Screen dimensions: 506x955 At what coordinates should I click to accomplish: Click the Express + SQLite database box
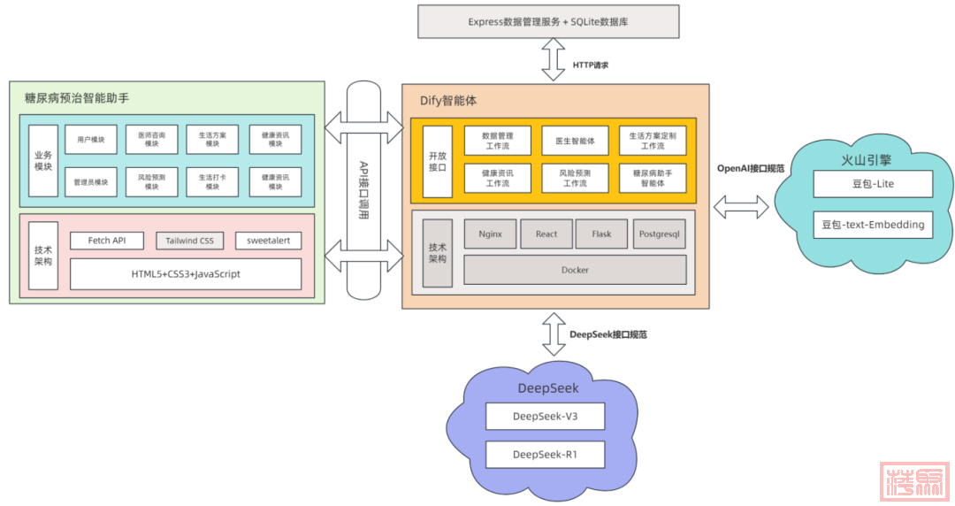pyautogui.click(x=548, y=21)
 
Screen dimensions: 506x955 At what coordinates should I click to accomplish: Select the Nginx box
pyautogui.click(x=490, y=234)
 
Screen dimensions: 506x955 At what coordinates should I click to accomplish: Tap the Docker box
pyautogui.click(x=575, y=270)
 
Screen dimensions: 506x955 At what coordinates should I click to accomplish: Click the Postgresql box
pyautogui.click(x=659, y=234)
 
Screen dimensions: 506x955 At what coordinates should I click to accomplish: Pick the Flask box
pyautogui.click(x=601, y=234)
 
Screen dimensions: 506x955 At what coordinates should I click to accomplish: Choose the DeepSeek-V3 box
pyautogui.click(x=545, y=416)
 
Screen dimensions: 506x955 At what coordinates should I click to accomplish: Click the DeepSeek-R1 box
pyautogui.click(x=545, y=455)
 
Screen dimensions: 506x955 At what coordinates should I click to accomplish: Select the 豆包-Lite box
pyautogui.click(x=873, y=184)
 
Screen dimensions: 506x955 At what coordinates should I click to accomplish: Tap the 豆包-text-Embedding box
pyautogui.click(x=873, y=225)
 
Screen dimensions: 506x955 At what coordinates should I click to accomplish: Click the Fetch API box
pyautogui.click(x=107, y=241)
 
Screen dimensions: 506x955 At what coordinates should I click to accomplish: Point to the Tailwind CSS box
pyautogui.click(x=189, y=241)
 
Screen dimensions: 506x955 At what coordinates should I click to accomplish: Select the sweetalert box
pyautogui.click(x=269, y=241)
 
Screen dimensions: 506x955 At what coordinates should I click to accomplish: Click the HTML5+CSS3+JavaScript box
pyautogui.click(x=186, y=274)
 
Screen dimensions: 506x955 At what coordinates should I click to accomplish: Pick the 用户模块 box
pyautogui.click(x=91, y=140)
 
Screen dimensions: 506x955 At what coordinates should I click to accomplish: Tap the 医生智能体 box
pyautogui.click(x=575, y=141)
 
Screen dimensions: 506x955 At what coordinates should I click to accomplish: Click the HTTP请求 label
pyautogui.click(x=590, y=65)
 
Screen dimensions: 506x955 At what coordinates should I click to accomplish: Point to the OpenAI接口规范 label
pyautogui.click(x=750, y=168)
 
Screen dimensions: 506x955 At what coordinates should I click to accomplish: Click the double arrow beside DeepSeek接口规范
pyautogui.click(x=554, y=333)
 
